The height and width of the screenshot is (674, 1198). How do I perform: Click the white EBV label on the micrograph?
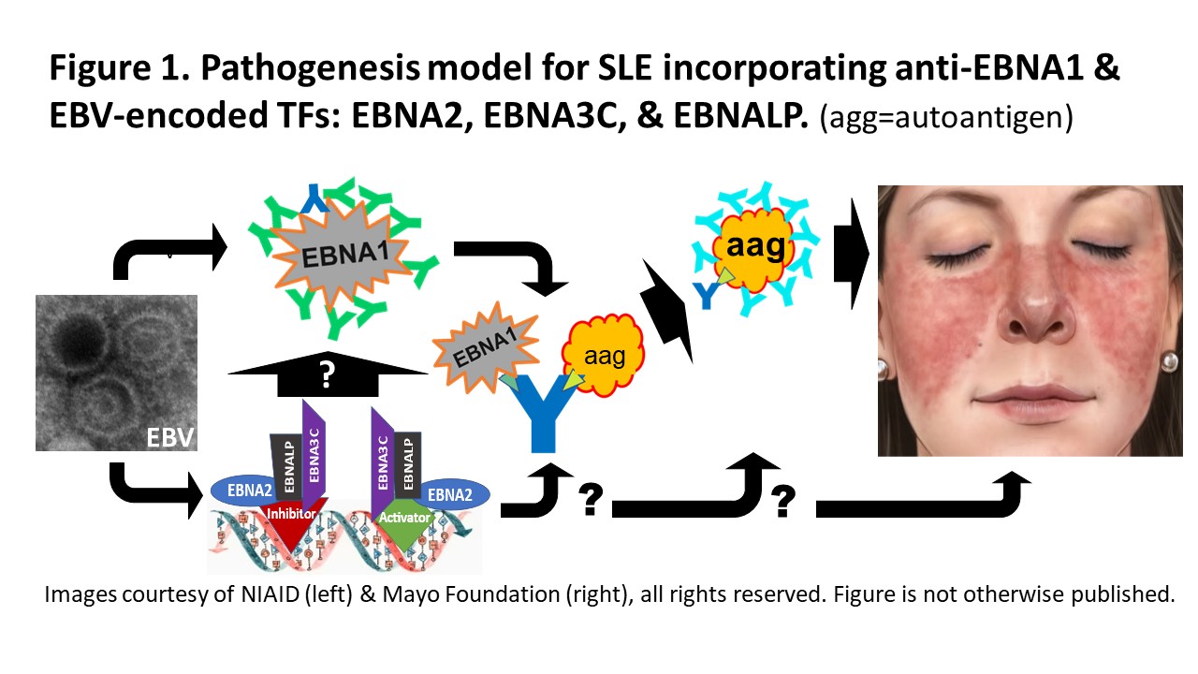tap(169, 435)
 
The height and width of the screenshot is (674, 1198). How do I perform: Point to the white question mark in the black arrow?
tap(327, 376)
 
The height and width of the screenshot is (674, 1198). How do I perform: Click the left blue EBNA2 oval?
tap(241, 488)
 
